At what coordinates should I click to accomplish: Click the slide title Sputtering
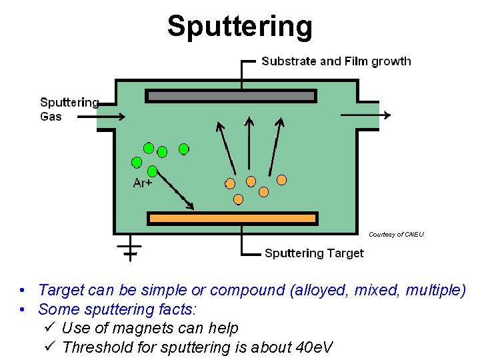point(239,27)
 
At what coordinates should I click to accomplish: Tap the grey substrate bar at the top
point(231,96)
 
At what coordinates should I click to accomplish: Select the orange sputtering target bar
point(233,218)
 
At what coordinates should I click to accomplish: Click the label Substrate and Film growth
point(336,61)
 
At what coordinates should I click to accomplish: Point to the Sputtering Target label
point(314,253)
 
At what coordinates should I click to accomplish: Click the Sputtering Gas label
point(69,109)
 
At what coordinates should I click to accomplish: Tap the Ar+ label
point(143,183)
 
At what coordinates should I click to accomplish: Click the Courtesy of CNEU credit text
point(396,234)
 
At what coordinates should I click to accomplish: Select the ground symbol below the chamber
point(129,249)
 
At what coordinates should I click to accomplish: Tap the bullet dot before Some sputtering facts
point(23,309)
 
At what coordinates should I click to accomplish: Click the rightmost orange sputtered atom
point(282,179)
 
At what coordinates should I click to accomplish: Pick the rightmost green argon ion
point(183,149)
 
